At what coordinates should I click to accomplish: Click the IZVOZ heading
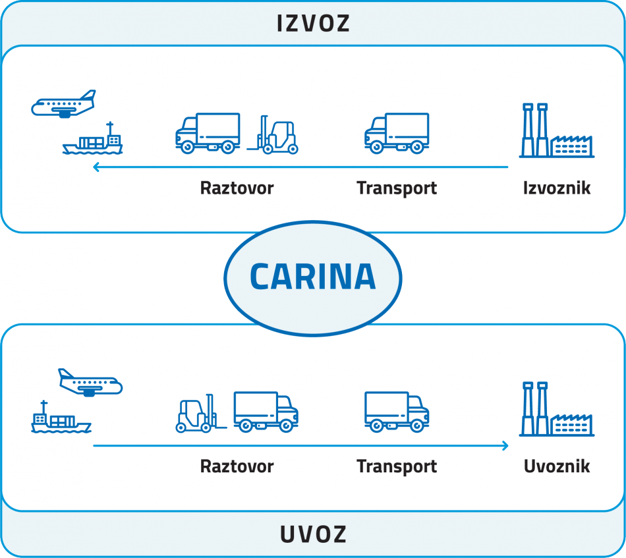pyautogui.click(x=313, y=24)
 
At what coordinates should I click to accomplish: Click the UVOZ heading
pyautogui.click(x=313, y=534)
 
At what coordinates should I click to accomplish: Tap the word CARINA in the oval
pyautogui.click(x=313, y=277)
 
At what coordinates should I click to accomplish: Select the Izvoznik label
pyautogui.click(x=557, y=188)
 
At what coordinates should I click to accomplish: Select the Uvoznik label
pyautogui.click(x=557, y=466)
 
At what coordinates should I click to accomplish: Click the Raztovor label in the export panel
pyautogui.click(x=237, y=188)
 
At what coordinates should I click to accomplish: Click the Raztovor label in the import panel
pyautogui.click(x=237, y=466)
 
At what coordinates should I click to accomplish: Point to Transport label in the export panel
pyautogui.click(x=397, y=188)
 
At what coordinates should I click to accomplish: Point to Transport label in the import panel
pyautogui.click(x=397, y=466)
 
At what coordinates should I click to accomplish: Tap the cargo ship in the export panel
pyautogui.click(x=93, y=140)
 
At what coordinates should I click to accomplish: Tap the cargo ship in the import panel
pyautogui.click(x=60, y=419)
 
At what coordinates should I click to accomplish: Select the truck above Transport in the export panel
pyautogui.click(x=397, y=134)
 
